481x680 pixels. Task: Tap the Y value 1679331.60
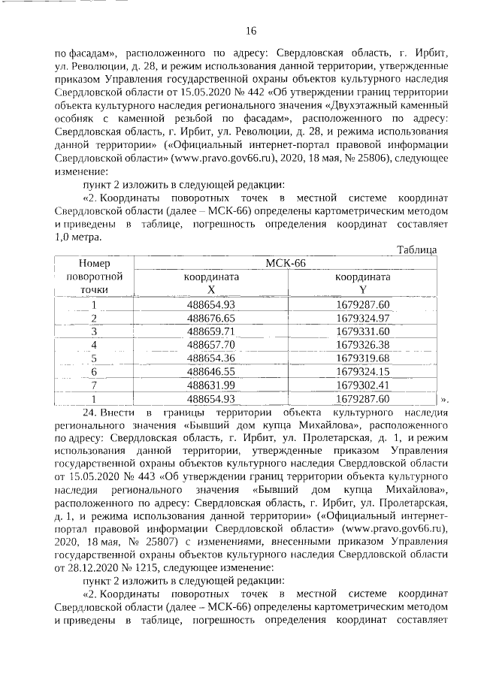coord(363,331)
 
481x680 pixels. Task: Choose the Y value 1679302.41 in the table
coord(363,385)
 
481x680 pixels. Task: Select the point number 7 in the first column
coord(95,385)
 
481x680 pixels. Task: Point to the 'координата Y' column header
coord(363,283)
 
